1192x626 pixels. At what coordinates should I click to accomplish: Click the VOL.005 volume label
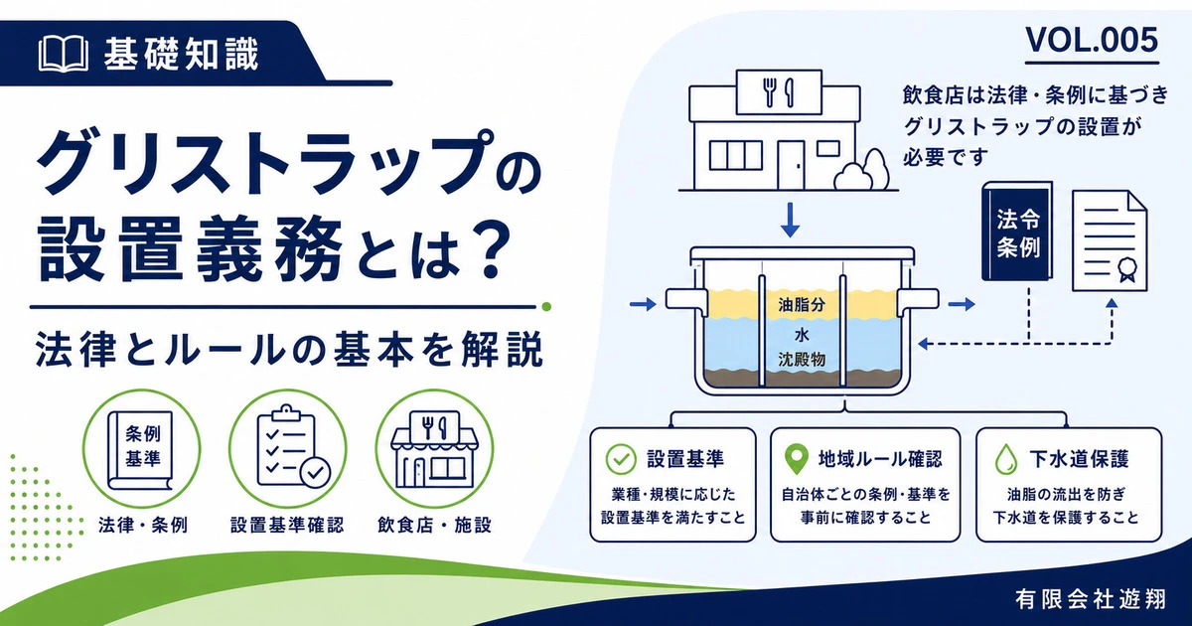click(1092, 40)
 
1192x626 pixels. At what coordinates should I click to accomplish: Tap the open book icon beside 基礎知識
click(64, 54)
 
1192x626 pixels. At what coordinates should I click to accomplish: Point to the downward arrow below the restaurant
click(791, 220)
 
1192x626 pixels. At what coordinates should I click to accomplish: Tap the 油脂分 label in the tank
click(802, 304)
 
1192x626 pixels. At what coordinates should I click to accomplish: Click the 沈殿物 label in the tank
click(802, 360)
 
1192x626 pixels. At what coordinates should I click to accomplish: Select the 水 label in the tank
click(802, 334)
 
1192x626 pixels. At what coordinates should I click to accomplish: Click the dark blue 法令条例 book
click(1017, 231)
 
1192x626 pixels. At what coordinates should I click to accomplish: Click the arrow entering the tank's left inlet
click(643, 304)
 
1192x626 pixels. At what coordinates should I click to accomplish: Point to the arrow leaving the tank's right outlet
click(962, 304)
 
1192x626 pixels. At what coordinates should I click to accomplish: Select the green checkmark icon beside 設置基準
click(621, 459)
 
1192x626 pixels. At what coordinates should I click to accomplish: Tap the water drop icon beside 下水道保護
click(1005, 460)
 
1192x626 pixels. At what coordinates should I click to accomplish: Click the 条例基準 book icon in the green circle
click(141, 450)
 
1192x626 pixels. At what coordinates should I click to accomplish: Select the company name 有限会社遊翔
click(1091, 599)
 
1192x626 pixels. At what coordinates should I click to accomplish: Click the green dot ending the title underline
click(545, 307)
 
